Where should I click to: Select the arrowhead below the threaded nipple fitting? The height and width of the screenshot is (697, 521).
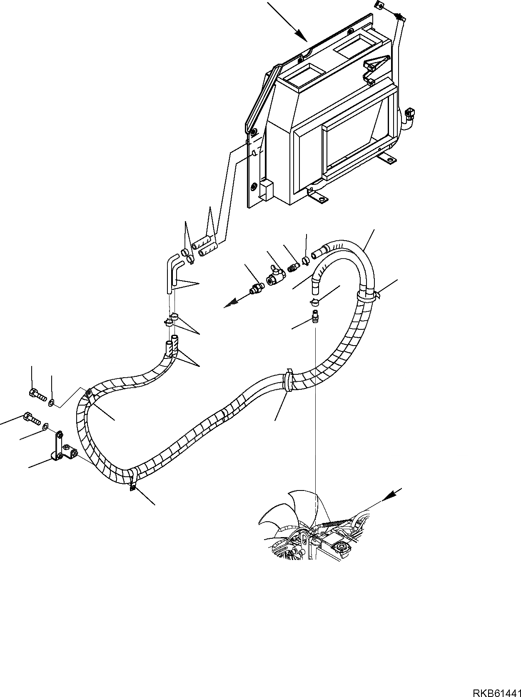(x=229, y=305)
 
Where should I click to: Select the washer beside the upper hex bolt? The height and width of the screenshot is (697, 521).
(x=51, y=402)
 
